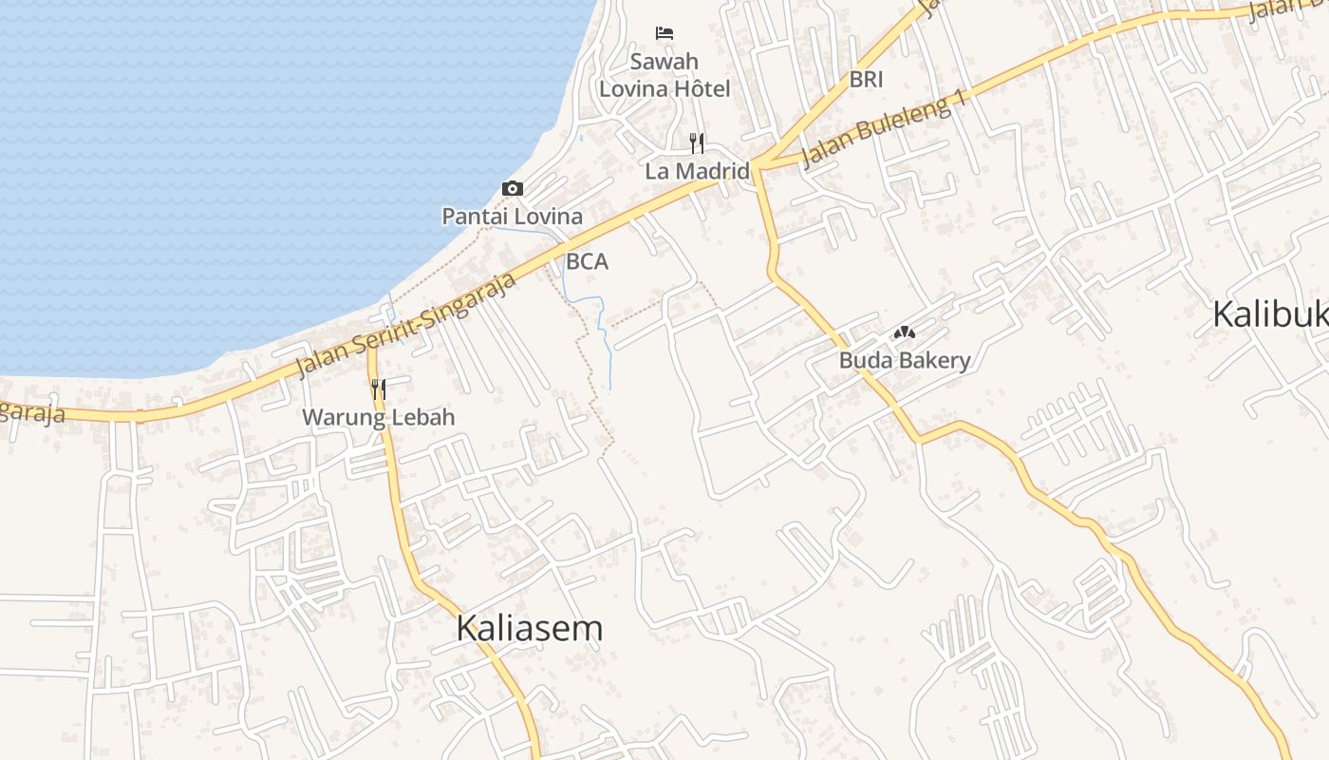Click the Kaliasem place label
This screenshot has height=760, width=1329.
tap(529, 629)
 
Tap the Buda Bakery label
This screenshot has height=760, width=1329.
tap(904, 361)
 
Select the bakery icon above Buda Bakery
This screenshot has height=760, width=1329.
tap(904, 333)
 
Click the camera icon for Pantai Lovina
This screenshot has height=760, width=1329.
tap(513, 188)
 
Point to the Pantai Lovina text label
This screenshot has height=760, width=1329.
tap(513, 217)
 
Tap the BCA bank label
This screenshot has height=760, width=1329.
tap(587, 261)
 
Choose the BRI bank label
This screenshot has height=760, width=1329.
tap(866, 80)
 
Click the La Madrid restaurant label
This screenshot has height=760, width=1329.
tap(697, 172)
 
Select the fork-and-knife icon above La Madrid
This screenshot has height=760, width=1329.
tap(697, 143)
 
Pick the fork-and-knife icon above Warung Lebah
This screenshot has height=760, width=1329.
tap(378, 389)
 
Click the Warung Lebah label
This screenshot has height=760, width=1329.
tap(378, 417)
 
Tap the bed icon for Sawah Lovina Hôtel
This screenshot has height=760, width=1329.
tap(664, 33)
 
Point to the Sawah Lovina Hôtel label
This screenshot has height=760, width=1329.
tap(664, 75)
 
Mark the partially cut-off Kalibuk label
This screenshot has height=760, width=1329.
tap(1270, 314)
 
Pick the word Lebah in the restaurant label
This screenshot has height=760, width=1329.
tap(423, 417)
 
